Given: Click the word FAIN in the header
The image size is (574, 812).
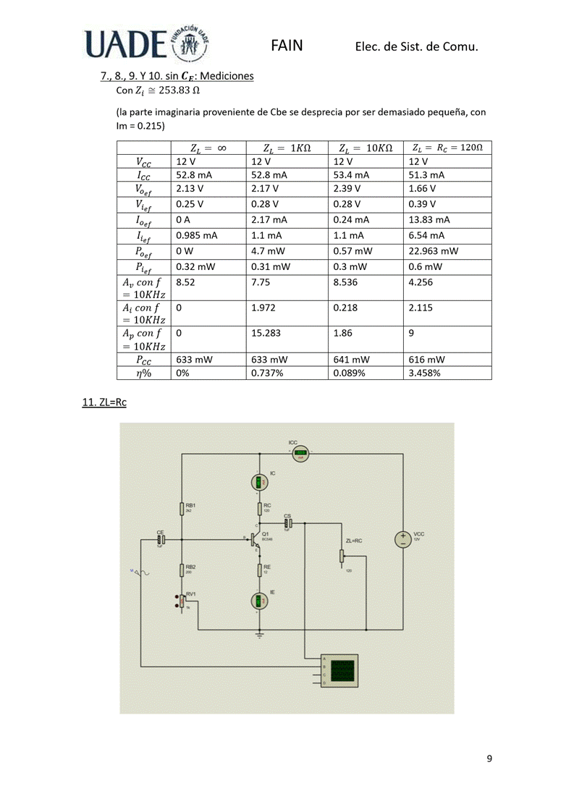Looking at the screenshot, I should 287,46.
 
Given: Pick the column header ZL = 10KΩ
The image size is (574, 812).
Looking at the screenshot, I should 366,148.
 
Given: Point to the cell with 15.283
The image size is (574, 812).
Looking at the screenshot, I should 268,334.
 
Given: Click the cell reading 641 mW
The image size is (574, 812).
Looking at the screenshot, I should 348,359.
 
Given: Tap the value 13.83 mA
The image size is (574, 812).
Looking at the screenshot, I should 429,219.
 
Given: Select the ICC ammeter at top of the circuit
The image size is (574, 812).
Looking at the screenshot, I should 300,454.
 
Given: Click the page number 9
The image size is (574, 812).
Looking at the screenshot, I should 489,758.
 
